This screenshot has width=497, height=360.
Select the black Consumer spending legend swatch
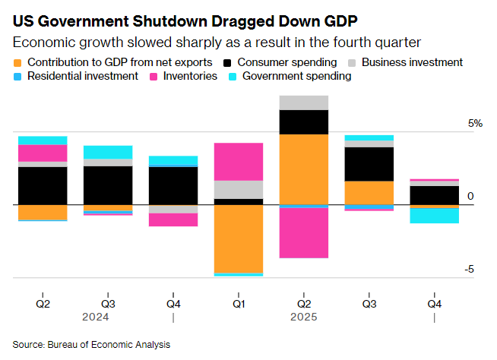229,62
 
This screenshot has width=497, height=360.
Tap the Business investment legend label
412,62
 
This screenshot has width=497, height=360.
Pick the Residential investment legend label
82,76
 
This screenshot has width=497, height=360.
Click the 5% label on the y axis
474,124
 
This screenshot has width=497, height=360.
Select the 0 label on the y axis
470,197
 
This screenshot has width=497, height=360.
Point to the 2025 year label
303,317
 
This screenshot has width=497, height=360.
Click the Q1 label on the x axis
239,303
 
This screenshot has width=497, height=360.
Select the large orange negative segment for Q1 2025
239,238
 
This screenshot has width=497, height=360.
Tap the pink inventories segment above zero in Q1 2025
239,161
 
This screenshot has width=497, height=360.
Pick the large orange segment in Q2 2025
304,169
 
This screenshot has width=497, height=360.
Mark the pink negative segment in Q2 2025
304,233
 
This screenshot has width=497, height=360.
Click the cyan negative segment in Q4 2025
434,216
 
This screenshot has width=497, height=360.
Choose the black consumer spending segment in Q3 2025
369,164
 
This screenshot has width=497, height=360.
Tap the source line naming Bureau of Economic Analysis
91,344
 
